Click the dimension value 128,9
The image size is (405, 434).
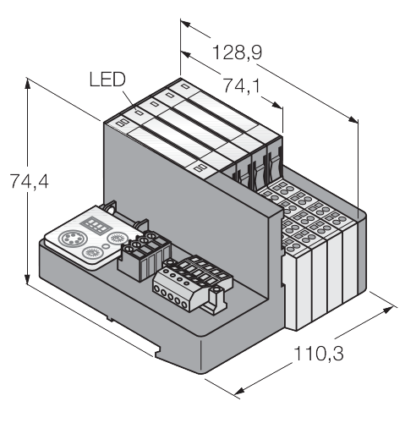tap(237, 52)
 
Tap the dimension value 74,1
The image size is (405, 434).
tap(242, 85)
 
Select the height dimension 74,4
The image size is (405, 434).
tap(29, 181)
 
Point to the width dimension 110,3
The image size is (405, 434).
tap(319, 354)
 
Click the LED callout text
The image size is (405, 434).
tap(107, 80)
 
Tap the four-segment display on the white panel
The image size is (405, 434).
tap(96, 226)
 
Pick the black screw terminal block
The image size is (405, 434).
tap(145, 255)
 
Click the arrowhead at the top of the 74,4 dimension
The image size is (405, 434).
tap(27, 82)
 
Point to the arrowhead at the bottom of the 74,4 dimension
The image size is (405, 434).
tap(27, 280)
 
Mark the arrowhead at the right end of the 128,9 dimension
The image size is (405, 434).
tap(353, 119)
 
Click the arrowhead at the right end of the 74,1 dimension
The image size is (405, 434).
tap(277, 105)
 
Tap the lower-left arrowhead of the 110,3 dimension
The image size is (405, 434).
tap(239, 391)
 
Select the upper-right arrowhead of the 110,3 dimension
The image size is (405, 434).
tap(388, 310)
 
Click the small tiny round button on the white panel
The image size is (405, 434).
tap(107, 246)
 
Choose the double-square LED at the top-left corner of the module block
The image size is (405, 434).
tap(123, 123)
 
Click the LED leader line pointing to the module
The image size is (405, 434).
tap(130, 100)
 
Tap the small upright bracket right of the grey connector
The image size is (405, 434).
tap(217, 299)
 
